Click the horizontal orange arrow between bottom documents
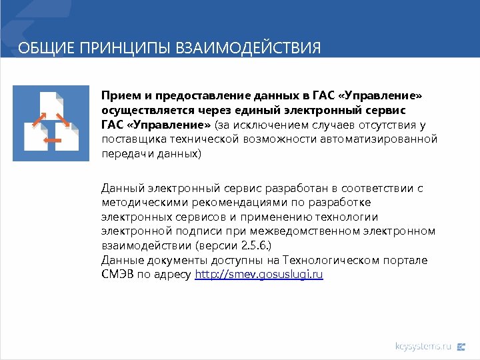click(x=51, y=141)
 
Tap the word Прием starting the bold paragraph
click(x=117, y=95)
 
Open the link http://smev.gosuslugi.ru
click(x=259, y=275)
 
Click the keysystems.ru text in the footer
click(x=423, y=346)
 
